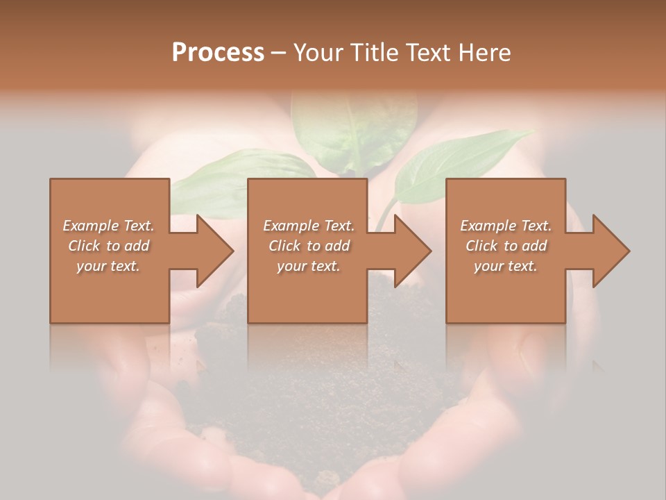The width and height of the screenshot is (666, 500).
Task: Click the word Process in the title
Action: click(x=218, y=52)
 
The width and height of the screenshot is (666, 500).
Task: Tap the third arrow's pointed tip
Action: click(x=628, y=251)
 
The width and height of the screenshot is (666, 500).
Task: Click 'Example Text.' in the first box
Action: click(x=109, y=225)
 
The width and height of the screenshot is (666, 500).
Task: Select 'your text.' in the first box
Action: click(x=109, y=266)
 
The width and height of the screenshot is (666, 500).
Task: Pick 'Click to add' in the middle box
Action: click(x=309, y=245)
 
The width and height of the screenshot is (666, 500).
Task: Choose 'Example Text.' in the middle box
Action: click(x=309, y=225)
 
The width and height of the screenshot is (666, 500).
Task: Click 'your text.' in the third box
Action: click(x=506, y=266)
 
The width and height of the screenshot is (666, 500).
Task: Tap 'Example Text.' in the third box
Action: click(x=506, y=225)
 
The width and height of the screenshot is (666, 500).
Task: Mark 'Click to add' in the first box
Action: click(x=109, y=245)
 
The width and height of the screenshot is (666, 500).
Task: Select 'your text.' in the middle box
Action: click(x=309, y=266)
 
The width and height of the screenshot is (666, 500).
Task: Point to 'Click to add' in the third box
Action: click(x=506, y=245)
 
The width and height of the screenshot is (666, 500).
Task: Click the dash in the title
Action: click(x=279, y=53)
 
